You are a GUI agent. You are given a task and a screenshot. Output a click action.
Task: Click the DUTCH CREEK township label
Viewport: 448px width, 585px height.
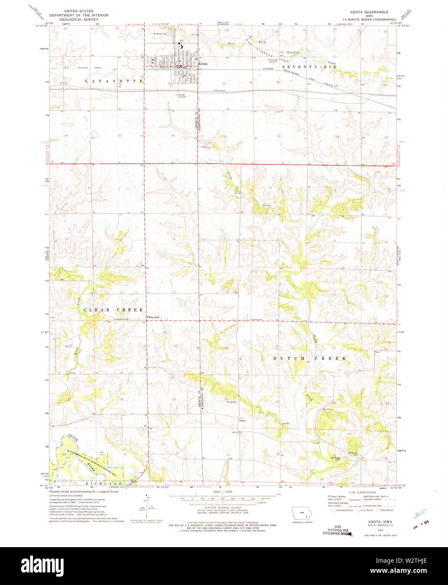coord(310,359)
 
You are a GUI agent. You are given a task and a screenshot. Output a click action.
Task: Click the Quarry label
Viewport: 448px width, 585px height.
coord(205,147)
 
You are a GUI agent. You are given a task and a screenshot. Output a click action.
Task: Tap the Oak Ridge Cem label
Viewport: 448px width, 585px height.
coord(335,459)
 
